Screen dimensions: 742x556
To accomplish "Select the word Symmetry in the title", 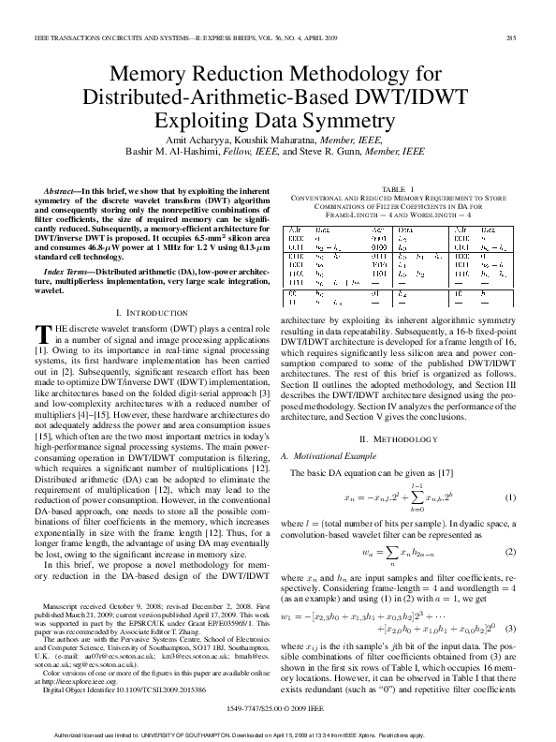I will (370, 119).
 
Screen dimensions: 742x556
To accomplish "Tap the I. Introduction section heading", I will (148, 310).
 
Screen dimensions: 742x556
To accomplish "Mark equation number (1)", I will (511, 497).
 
